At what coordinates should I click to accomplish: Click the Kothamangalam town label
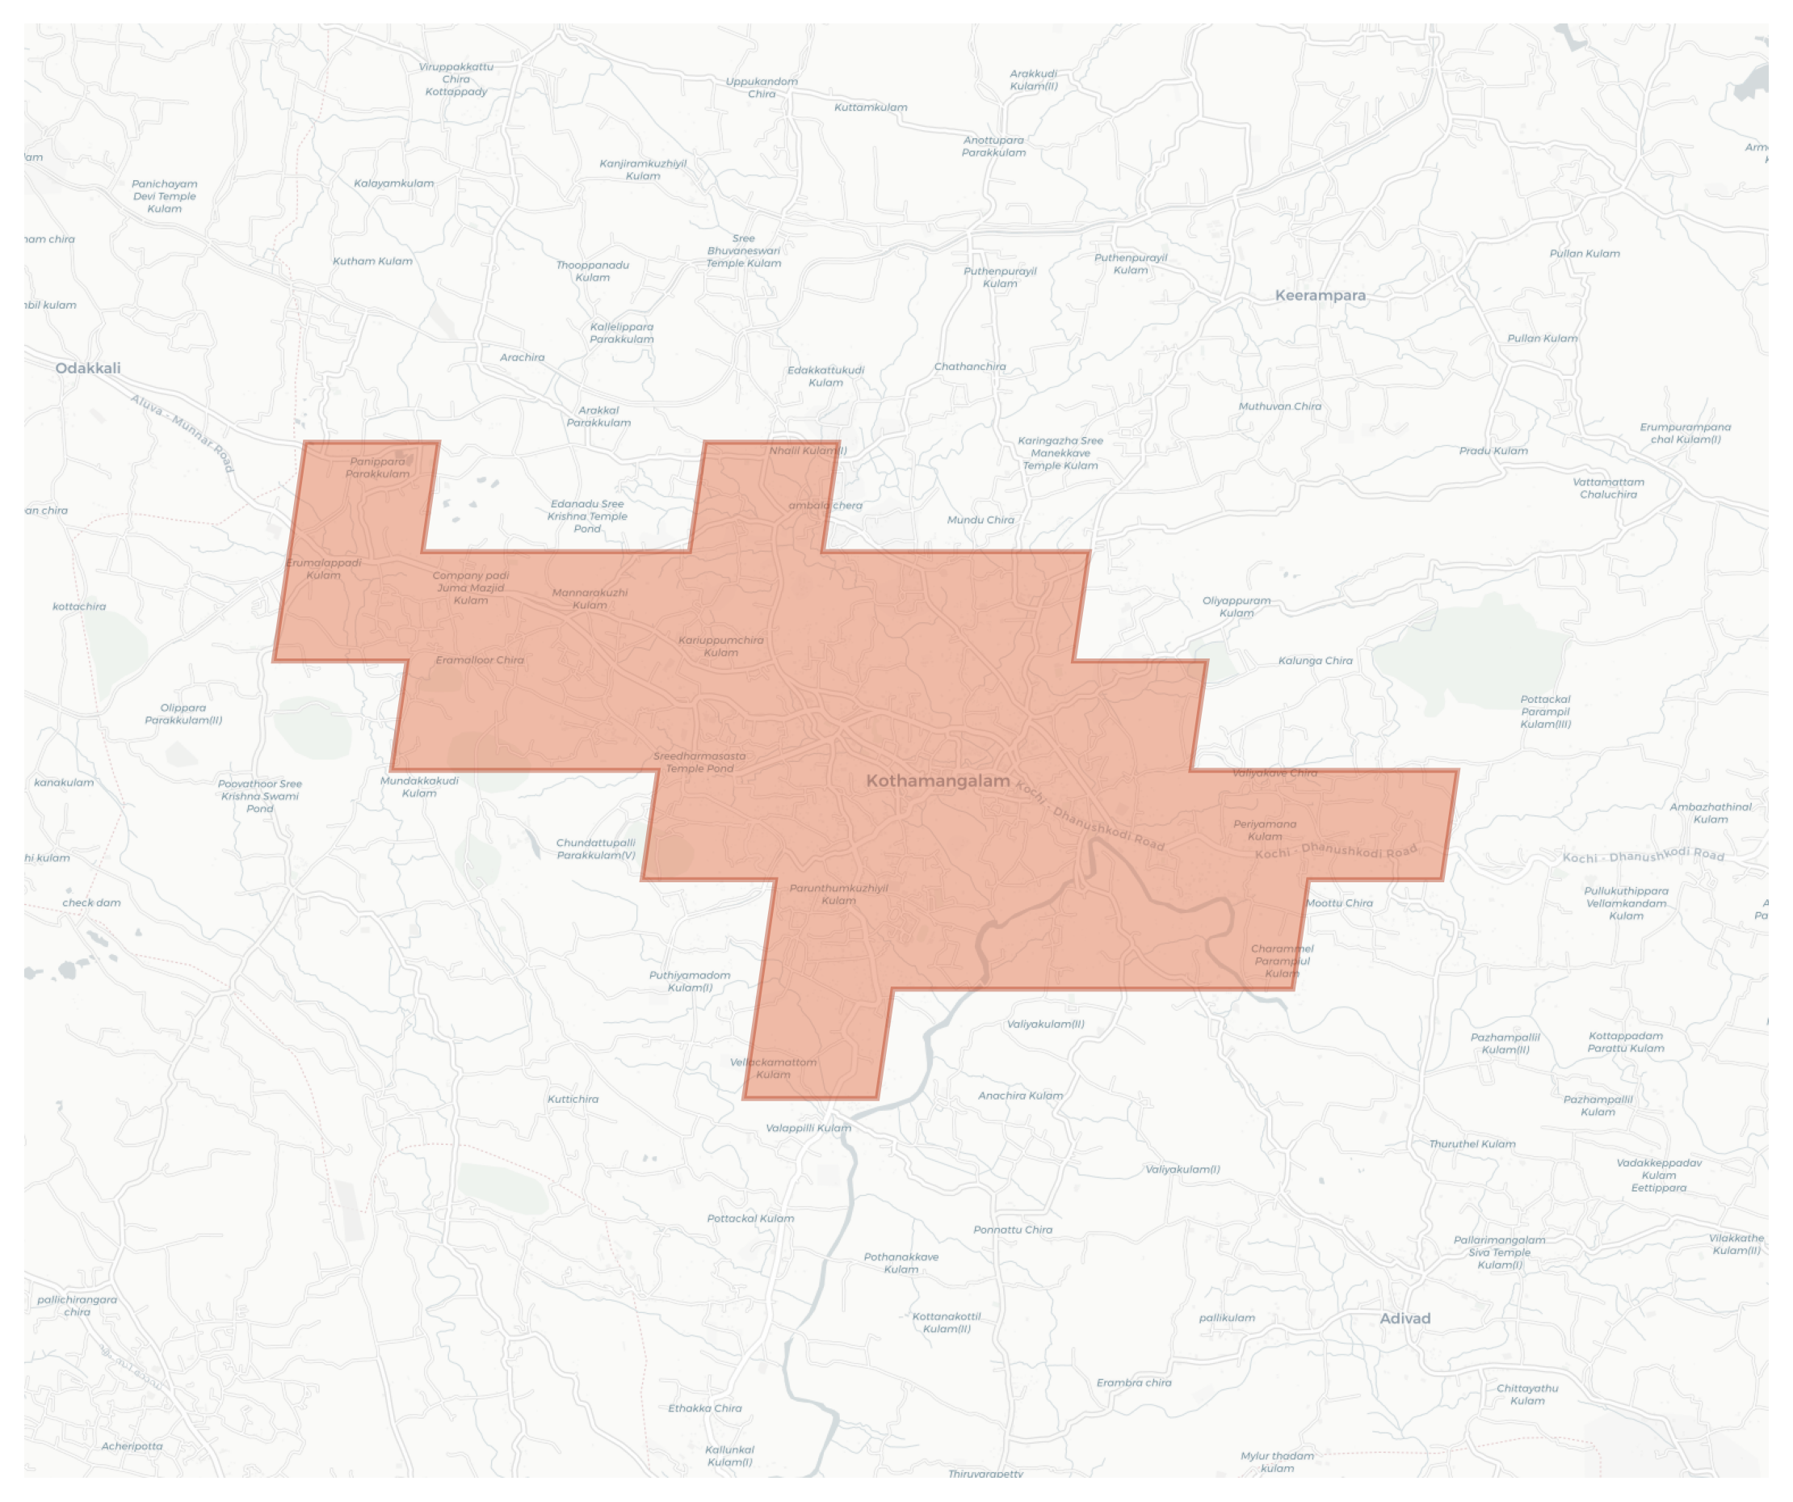point(938,780)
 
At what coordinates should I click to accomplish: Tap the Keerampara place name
point(1320,296)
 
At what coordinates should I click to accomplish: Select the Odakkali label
point(88,368)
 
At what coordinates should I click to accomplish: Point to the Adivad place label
point(1405,1319)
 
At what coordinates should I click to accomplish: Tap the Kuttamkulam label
point(870,107)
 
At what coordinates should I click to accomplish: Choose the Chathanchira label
point(969,366)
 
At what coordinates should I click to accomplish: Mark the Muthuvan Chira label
point(1279,406)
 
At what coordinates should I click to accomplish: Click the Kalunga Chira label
point(1315,661)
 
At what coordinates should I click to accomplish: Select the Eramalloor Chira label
point(479,660)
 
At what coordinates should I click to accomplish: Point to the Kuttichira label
point(572,1099)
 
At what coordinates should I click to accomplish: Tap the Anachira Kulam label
point(1020,1096)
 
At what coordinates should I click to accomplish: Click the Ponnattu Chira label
point(1013,1230)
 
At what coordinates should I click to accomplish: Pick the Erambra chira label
point(1133,1382)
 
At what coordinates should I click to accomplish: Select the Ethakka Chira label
point(704,1408)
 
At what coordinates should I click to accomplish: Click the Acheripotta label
point(132,1445)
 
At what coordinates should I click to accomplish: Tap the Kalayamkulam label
point(393,183)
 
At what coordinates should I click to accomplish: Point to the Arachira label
point(522,358)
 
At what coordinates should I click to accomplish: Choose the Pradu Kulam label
point(1493,451)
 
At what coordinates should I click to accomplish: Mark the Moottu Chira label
point(1339,902)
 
